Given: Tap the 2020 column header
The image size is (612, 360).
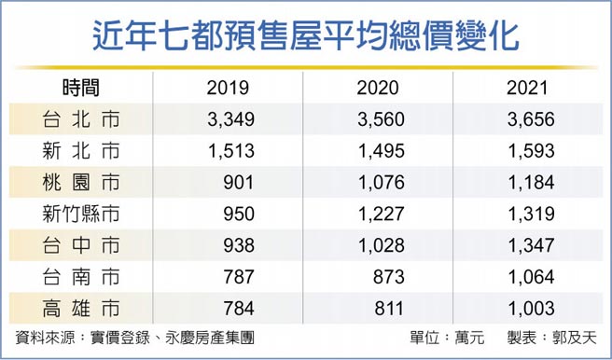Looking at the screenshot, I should pos(378,89).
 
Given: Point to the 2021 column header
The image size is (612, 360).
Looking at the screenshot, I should pos(529,89).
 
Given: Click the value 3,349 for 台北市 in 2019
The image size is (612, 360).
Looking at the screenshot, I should pos(227,119).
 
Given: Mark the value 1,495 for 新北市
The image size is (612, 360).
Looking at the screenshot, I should pos(378,150).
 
